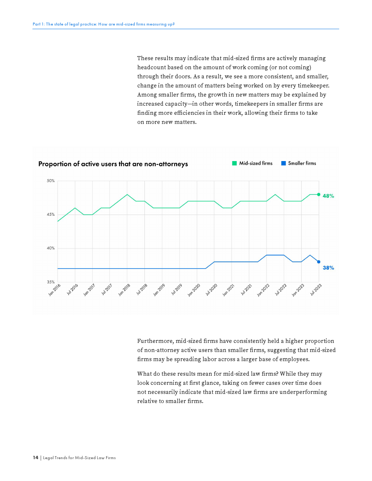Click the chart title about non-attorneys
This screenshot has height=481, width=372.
pos(113,164)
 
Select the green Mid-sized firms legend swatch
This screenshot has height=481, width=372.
pos(235,163)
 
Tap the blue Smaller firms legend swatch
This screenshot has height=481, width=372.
pos(283,163)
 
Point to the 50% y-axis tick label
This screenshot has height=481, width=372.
pos(51,181)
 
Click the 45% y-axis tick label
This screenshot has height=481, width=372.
pos(51,215)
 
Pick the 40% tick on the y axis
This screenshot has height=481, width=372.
pos(51,248)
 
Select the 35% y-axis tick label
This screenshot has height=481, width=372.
pos(51,282)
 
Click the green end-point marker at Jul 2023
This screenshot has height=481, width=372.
pos(319,195)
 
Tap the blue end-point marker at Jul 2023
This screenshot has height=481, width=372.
pos(319,262)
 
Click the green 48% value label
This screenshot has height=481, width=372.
pos(328,196)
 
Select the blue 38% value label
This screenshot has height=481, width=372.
pos(328,268)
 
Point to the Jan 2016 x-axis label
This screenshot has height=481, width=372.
pos(55,290)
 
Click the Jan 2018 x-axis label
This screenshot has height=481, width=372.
pos(124,290)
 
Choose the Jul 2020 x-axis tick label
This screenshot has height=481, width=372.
pos(212,290)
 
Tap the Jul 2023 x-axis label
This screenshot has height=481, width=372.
pos(316,290)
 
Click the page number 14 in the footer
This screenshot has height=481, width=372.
pos(35,458)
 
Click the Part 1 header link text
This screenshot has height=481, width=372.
pos(104,24)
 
